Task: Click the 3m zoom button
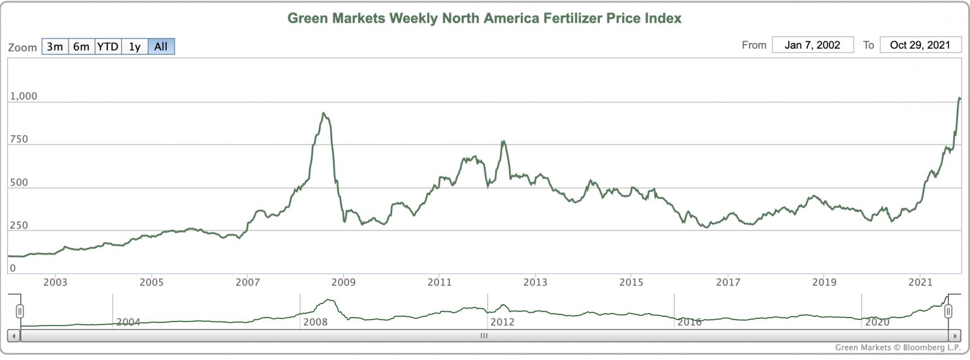click(x=55, y=47)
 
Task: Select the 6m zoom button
click(x=81, y=47)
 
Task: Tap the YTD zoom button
click(x=108, y=47)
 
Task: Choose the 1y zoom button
click(x=135, y=47)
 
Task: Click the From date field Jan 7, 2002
click(x=812, y=45)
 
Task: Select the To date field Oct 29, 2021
click(x=919, y=45)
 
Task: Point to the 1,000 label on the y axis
click(x=23, y=97)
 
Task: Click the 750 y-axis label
click(x=19, y=140)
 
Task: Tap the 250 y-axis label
click(x=19, y=225)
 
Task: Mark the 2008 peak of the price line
click(x=323, y=114)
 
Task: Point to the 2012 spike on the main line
click(x=503, y=141)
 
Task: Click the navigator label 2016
click(x=690, y=322)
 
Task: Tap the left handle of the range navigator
click(x=20, y=311)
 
